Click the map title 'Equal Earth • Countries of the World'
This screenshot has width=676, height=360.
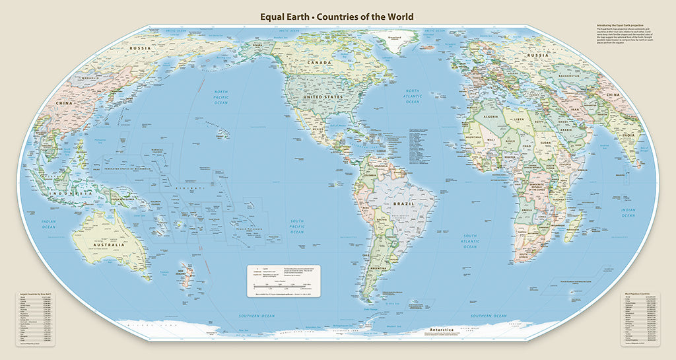point(337,17)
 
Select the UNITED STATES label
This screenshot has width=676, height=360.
point(322,97)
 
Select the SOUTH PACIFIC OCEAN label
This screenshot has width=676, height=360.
point(298,226)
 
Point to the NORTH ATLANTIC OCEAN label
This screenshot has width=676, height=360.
point(413,96)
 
